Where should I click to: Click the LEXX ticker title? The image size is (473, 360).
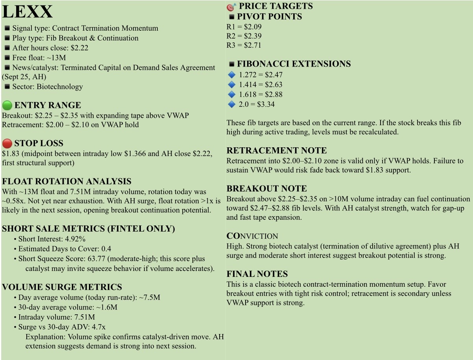(x=28, y=12)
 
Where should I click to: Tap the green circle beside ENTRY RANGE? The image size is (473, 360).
(x=7, y=106)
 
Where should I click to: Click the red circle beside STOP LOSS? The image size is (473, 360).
(x=7, y=143)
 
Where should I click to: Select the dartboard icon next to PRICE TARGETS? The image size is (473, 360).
(x=231, y=7)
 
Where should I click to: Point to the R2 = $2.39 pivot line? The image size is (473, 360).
(x=244, y=36)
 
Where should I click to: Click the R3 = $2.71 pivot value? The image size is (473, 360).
(x=253, y=45)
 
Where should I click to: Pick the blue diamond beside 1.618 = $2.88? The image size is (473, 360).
(x=231, y=95)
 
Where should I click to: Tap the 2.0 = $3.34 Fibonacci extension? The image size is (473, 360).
(x=257, y=104)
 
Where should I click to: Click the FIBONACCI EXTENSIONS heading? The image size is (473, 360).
(x=294, y=64)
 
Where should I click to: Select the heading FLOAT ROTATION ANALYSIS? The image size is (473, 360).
(x=67, y=182)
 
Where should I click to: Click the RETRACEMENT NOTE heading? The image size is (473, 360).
(x=276, y=151)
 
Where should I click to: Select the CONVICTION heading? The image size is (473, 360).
(x=252, y=236)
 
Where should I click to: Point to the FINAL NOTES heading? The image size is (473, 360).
(x=257, y=274)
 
